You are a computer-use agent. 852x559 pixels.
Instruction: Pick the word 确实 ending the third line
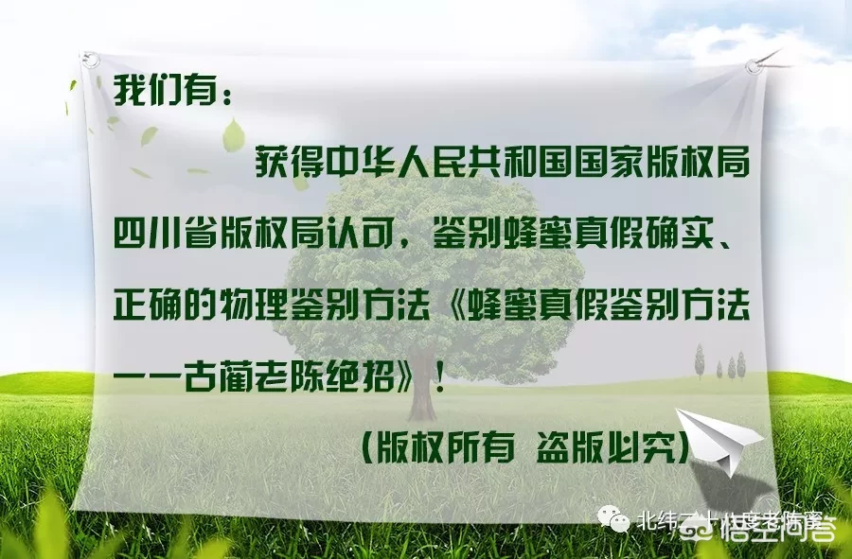coord(693,231)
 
